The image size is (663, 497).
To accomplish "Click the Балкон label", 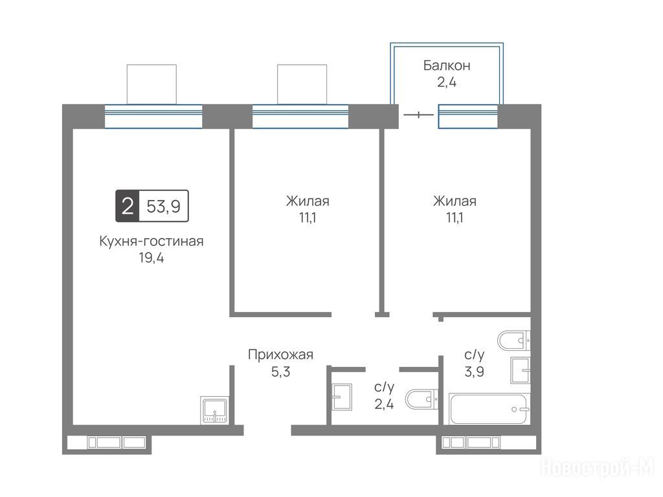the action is (447, 65).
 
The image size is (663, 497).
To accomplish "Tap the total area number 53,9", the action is (164, 206).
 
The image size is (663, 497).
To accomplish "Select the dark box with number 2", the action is (128, 206).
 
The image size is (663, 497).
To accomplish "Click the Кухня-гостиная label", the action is (152, 241).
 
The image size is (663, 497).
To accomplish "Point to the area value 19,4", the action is (152, 258).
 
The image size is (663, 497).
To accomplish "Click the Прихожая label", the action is (280, 354).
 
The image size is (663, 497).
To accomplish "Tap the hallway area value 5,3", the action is (280, 372).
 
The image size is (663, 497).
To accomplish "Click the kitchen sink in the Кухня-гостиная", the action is (215, 410).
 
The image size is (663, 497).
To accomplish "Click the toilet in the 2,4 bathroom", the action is (421, 399).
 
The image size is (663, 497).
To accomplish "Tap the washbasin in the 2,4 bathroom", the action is (342, 397).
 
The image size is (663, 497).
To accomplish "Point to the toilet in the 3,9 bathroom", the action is (513, 340).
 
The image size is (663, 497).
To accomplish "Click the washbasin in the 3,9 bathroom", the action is (521, 370).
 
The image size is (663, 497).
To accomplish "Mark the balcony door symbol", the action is (419, 115).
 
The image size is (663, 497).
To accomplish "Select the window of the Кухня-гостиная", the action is (153, 116).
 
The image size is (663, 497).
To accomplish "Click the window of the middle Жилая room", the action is (300, 116).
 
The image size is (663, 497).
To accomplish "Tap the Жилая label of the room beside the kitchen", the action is (308, 201).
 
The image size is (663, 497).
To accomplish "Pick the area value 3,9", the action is (475, 372).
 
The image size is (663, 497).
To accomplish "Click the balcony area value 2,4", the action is (447, 82).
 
